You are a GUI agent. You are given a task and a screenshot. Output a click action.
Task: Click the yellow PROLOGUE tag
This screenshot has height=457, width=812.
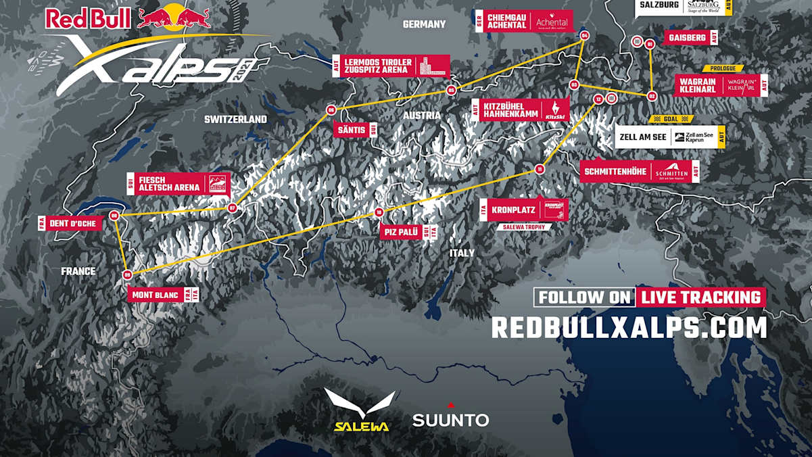(x=723, y=68)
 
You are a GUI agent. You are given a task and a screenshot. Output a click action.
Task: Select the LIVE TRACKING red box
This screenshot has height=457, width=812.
(x=700, y=297)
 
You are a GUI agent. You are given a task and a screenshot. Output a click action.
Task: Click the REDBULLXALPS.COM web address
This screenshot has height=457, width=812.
(x=629, y=327)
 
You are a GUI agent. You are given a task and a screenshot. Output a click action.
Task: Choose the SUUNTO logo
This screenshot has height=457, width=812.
(x=450, y=418)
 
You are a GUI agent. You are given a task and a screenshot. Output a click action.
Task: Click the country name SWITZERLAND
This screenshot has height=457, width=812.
(x=235, y=119)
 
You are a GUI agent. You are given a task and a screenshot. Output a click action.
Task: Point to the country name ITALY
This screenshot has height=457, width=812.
(x=462, y=253)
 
